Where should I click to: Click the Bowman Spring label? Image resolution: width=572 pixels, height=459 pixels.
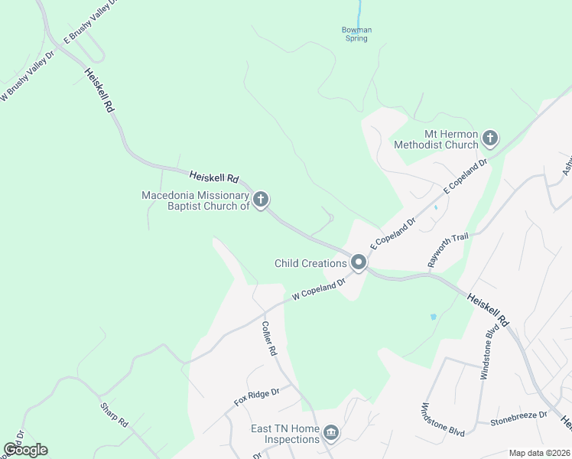point(356,34)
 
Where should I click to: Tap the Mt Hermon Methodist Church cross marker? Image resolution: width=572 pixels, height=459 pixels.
point(490,138)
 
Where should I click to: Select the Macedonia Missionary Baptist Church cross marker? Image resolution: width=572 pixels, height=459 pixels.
point(260,200)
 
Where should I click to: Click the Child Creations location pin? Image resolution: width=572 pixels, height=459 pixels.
point(358,263)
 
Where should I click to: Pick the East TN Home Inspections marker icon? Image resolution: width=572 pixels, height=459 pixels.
point(330,434)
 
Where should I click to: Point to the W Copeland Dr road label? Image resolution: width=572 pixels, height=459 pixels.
point(319,288)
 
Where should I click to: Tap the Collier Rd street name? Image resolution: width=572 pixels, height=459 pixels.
point(268,338)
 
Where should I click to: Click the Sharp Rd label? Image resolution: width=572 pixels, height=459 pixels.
point(114,413)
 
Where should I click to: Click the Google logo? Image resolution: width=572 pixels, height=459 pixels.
point(25,450)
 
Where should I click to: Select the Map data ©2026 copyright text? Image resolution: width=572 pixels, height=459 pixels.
point(539,453)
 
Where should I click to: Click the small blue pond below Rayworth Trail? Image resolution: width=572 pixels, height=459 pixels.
point(434,316)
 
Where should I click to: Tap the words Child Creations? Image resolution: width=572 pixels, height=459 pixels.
point(310,263)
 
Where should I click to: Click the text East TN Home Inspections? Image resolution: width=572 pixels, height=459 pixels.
point(284,434)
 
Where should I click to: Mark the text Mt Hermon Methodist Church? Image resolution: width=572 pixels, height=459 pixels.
point(435,139)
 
